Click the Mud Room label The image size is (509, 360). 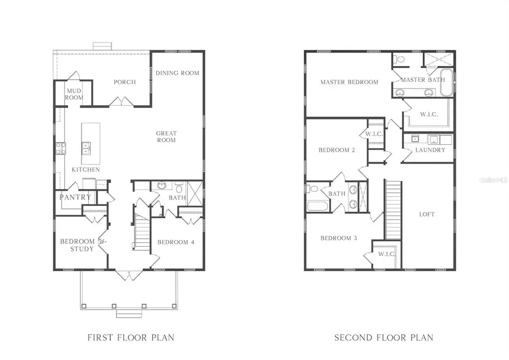click(74, 94)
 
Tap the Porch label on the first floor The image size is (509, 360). click(124, 82)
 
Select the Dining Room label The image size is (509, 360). click(177, 73)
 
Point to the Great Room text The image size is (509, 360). click(166, 137)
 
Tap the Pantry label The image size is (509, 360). click(75, 198)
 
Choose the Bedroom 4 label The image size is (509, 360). click(176, 242)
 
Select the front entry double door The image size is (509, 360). click(129, 275)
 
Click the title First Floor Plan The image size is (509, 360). click(131, 338)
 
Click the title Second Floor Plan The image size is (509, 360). click(383, 338)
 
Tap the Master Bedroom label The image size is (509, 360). click(349, 82)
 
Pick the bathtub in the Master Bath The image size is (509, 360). click(446, 83)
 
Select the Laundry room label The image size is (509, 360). click(430, 150)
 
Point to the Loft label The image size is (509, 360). click(427, 215)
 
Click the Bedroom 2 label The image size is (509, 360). click(337, 150)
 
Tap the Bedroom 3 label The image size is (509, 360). click(338, 238)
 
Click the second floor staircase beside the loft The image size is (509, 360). click(393, 209)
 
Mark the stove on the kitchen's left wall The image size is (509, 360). click(60, 148)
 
